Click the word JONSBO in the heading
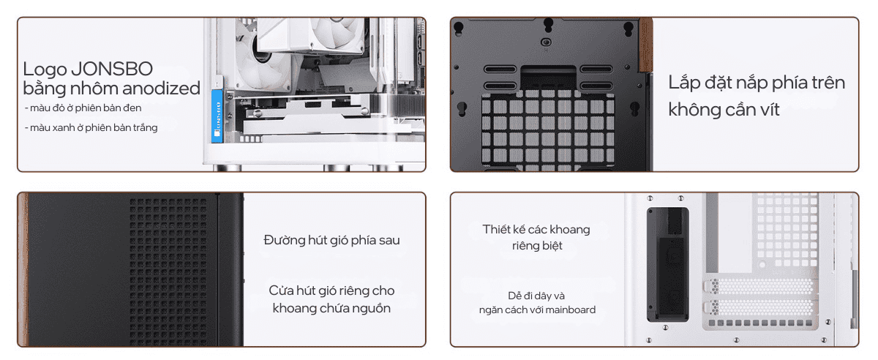[112, 69]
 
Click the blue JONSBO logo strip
[217, 116]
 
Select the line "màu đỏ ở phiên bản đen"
[83, 108]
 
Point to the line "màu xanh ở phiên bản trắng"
[91, 127]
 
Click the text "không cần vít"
[724, 110]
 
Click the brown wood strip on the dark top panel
[646, 45]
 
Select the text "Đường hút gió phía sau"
[331, 240]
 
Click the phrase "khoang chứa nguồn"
[331, 308]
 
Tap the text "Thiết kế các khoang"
[536, 229]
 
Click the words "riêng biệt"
[537, 246]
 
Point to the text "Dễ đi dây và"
[536, 296]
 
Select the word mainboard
[570, 310]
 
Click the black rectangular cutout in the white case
[667, 265]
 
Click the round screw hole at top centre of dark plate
[546, 42]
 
